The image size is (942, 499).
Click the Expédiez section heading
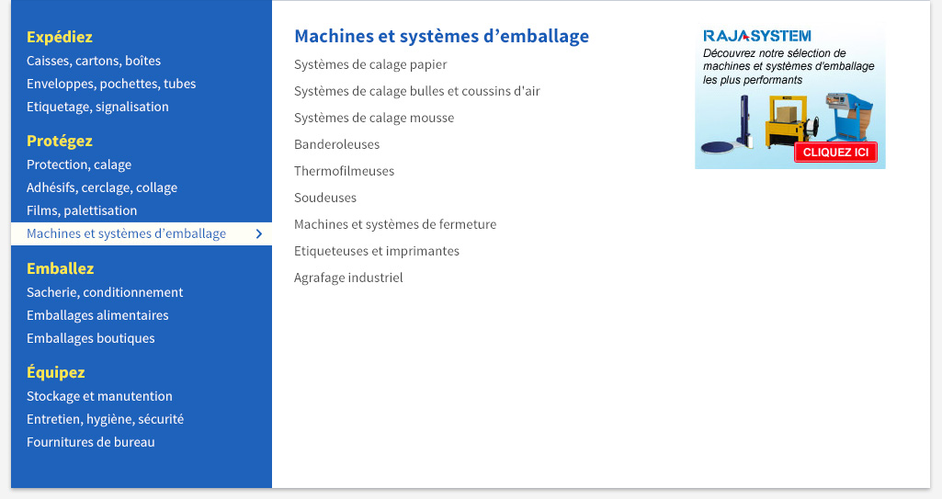pyautogui.click(x=60, y=38)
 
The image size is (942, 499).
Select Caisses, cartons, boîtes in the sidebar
pyautogui.click(x=94, y=61)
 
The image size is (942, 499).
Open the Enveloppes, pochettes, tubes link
pyautogui.click(x=111, y=84)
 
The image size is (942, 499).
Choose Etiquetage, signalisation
pyautogui.click(x=97, y=107)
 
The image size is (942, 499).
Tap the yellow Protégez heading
pyautogui.click(x=60, y=142)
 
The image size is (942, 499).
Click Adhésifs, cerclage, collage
pyautogui.click(x=102, y=188)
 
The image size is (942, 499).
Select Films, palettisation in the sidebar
pyautogui.click(x=82, y=210)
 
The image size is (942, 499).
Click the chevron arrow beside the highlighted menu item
pyautogui.click(x=259, y=233)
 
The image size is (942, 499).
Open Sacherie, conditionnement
pyautogui.click(x=105, y=292)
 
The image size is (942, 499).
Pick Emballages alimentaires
pyautogui.click(x=97, y=315)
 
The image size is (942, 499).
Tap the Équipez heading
pyautogui.click(x=56, y=372)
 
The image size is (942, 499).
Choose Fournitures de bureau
pyautogui.click(x=91, y=442)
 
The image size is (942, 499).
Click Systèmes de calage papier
pyautogui.click(x=370, y=65)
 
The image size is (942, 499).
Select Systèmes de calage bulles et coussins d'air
pyautogui.click(x=417, y=91)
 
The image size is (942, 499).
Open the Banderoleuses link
pyautogui.click(x=337, y=144)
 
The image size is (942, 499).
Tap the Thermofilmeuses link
pyautogui.click(x=345, y=171)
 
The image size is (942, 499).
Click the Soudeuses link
pyautogui.click(x=325, y=198)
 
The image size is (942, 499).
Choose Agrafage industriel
pyautogui.click(x=348, y=278)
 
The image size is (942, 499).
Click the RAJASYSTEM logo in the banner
pyautogui.click(x=757, y=36)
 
